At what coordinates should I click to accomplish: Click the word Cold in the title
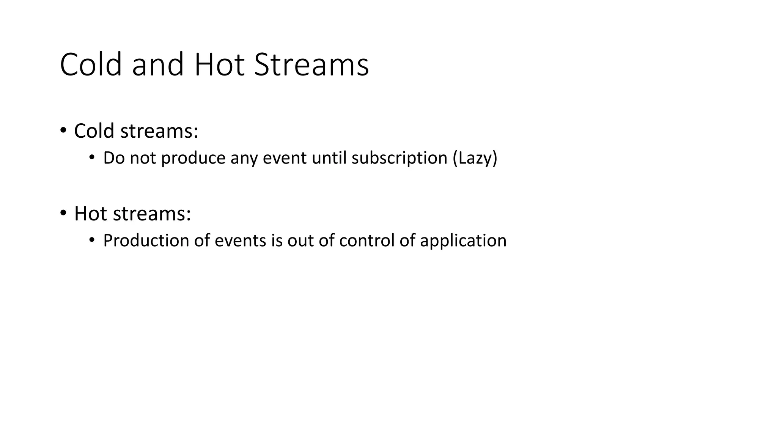click(91, 65)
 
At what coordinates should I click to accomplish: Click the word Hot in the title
click(219, 65)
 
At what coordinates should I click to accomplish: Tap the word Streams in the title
click(311, 65)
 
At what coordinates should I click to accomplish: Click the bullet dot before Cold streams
click(63, 131)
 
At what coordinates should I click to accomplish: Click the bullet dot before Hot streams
click(63, 213)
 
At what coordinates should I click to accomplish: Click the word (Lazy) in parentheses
click(475, 158)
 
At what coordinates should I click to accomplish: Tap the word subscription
click(399, 158)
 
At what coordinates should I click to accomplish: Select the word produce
click(193, 158)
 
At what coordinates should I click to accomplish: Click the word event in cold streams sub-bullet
click(285, 158)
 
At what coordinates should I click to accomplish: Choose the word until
click(329, 158)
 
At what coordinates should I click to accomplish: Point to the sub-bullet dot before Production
click(91, 240)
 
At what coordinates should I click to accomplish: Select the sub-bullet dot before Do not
click(91, 157)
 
